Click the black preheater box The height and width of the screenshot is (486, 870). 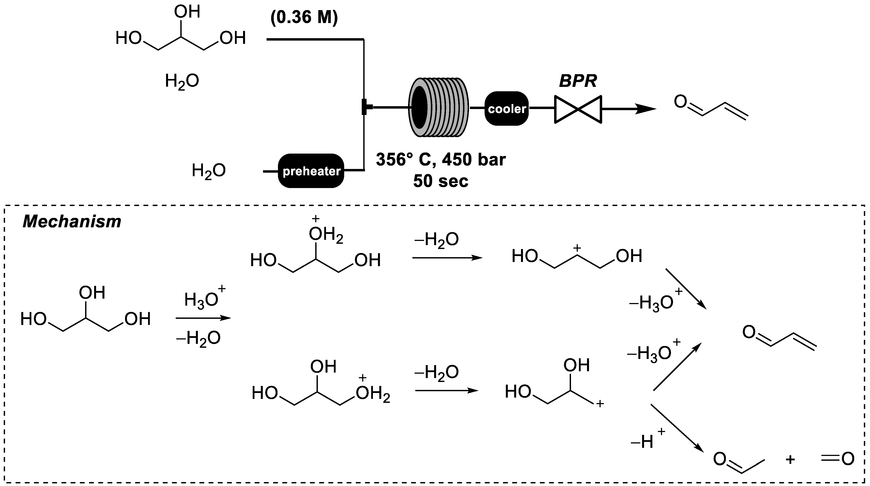tap(311, 171)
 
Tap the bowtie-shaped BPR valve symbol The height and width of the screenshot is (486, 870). tap(578, 109)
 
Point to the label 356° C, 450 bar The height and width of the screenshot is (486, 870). tap(441, 160)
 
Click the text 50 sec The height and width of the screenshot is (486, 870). tap(441, 181)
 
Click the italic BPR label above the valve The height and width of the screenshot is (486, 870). tap(578, 81)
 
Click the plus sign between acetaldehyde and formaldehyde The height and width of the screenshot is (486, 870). tap(790, 460)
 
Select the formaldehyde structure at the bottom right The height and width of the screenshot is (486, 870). tap(837, 459)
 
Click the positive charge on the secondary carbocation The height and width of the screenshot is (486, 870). tap(577, 249)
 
